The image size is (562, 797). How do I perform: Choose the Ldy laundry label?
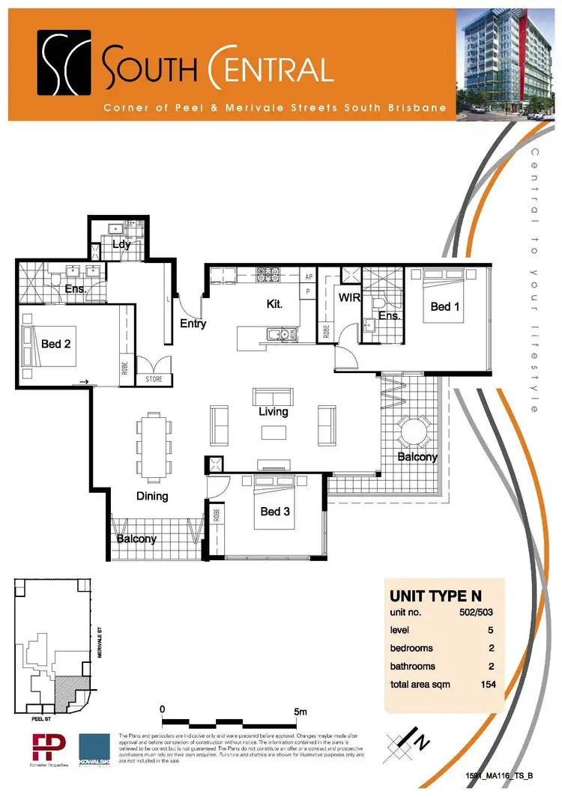pos(121,244)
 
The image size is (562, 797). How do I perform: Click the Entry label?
pos(193,324)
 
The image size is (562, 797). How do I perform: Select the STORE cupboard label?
pos(154,380)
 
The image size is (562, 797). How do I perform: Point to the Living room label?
pos(273,411)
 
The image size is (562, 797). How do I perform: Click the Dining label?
pos(152,496)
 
